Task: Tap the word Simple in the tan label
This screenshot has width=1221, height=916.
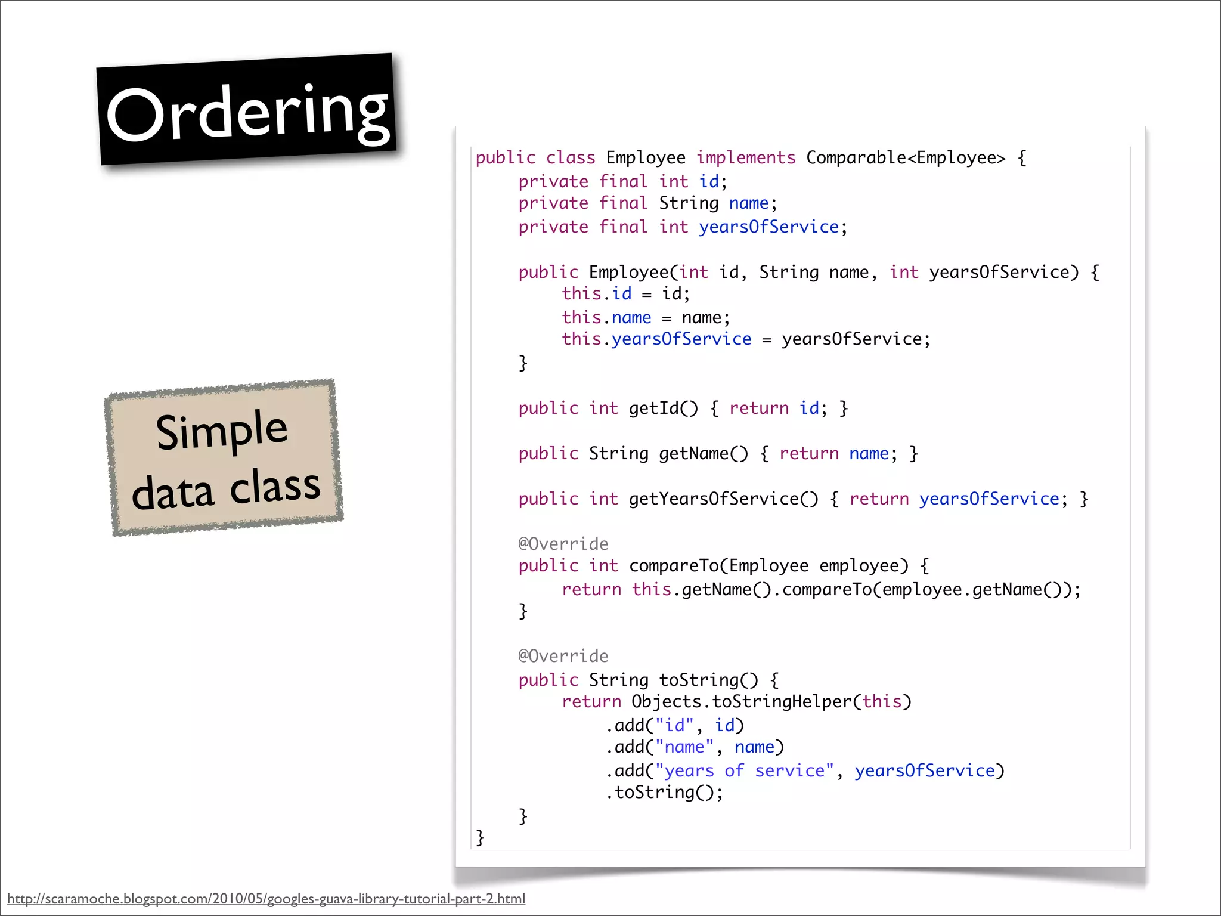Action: point(222,430)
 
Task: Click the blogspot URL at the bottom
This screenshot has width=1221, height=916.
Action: point(266,899)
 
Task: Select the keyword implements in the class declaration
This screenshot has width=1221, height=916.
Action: point(746,158)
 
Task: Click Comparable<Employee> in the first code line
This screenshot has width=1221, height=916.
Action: point(906,158)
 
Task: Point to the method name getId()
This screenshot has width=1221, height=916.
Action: point(663,409)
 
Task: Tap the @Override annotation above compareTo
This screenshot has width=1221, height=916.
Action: point(563,544)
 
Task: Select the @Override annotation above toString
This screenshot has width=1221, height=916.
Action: point(563,656)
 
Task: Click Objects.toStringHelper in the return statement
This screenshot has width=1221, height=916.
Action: point(741,702)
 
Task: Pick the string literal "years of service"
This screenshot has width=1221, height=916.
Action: point(744,771)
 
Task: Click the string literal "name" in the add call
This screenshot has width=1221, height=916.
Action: point(684,747)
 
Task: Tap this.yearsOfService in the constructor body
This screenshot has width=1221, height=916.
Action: point(656,339)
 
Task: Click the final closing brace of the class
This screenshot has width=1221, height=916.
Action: point(481,838)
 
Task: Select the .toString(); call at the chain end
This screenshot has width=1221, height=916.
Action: point(665,793)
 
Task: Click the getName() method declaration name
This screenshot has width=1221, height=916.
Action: point(703,454)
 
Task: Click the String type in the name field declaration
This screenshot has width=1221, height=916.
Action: point(689,203)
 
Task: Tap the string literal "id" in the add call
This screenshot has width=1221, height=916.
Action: point(675,726)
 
